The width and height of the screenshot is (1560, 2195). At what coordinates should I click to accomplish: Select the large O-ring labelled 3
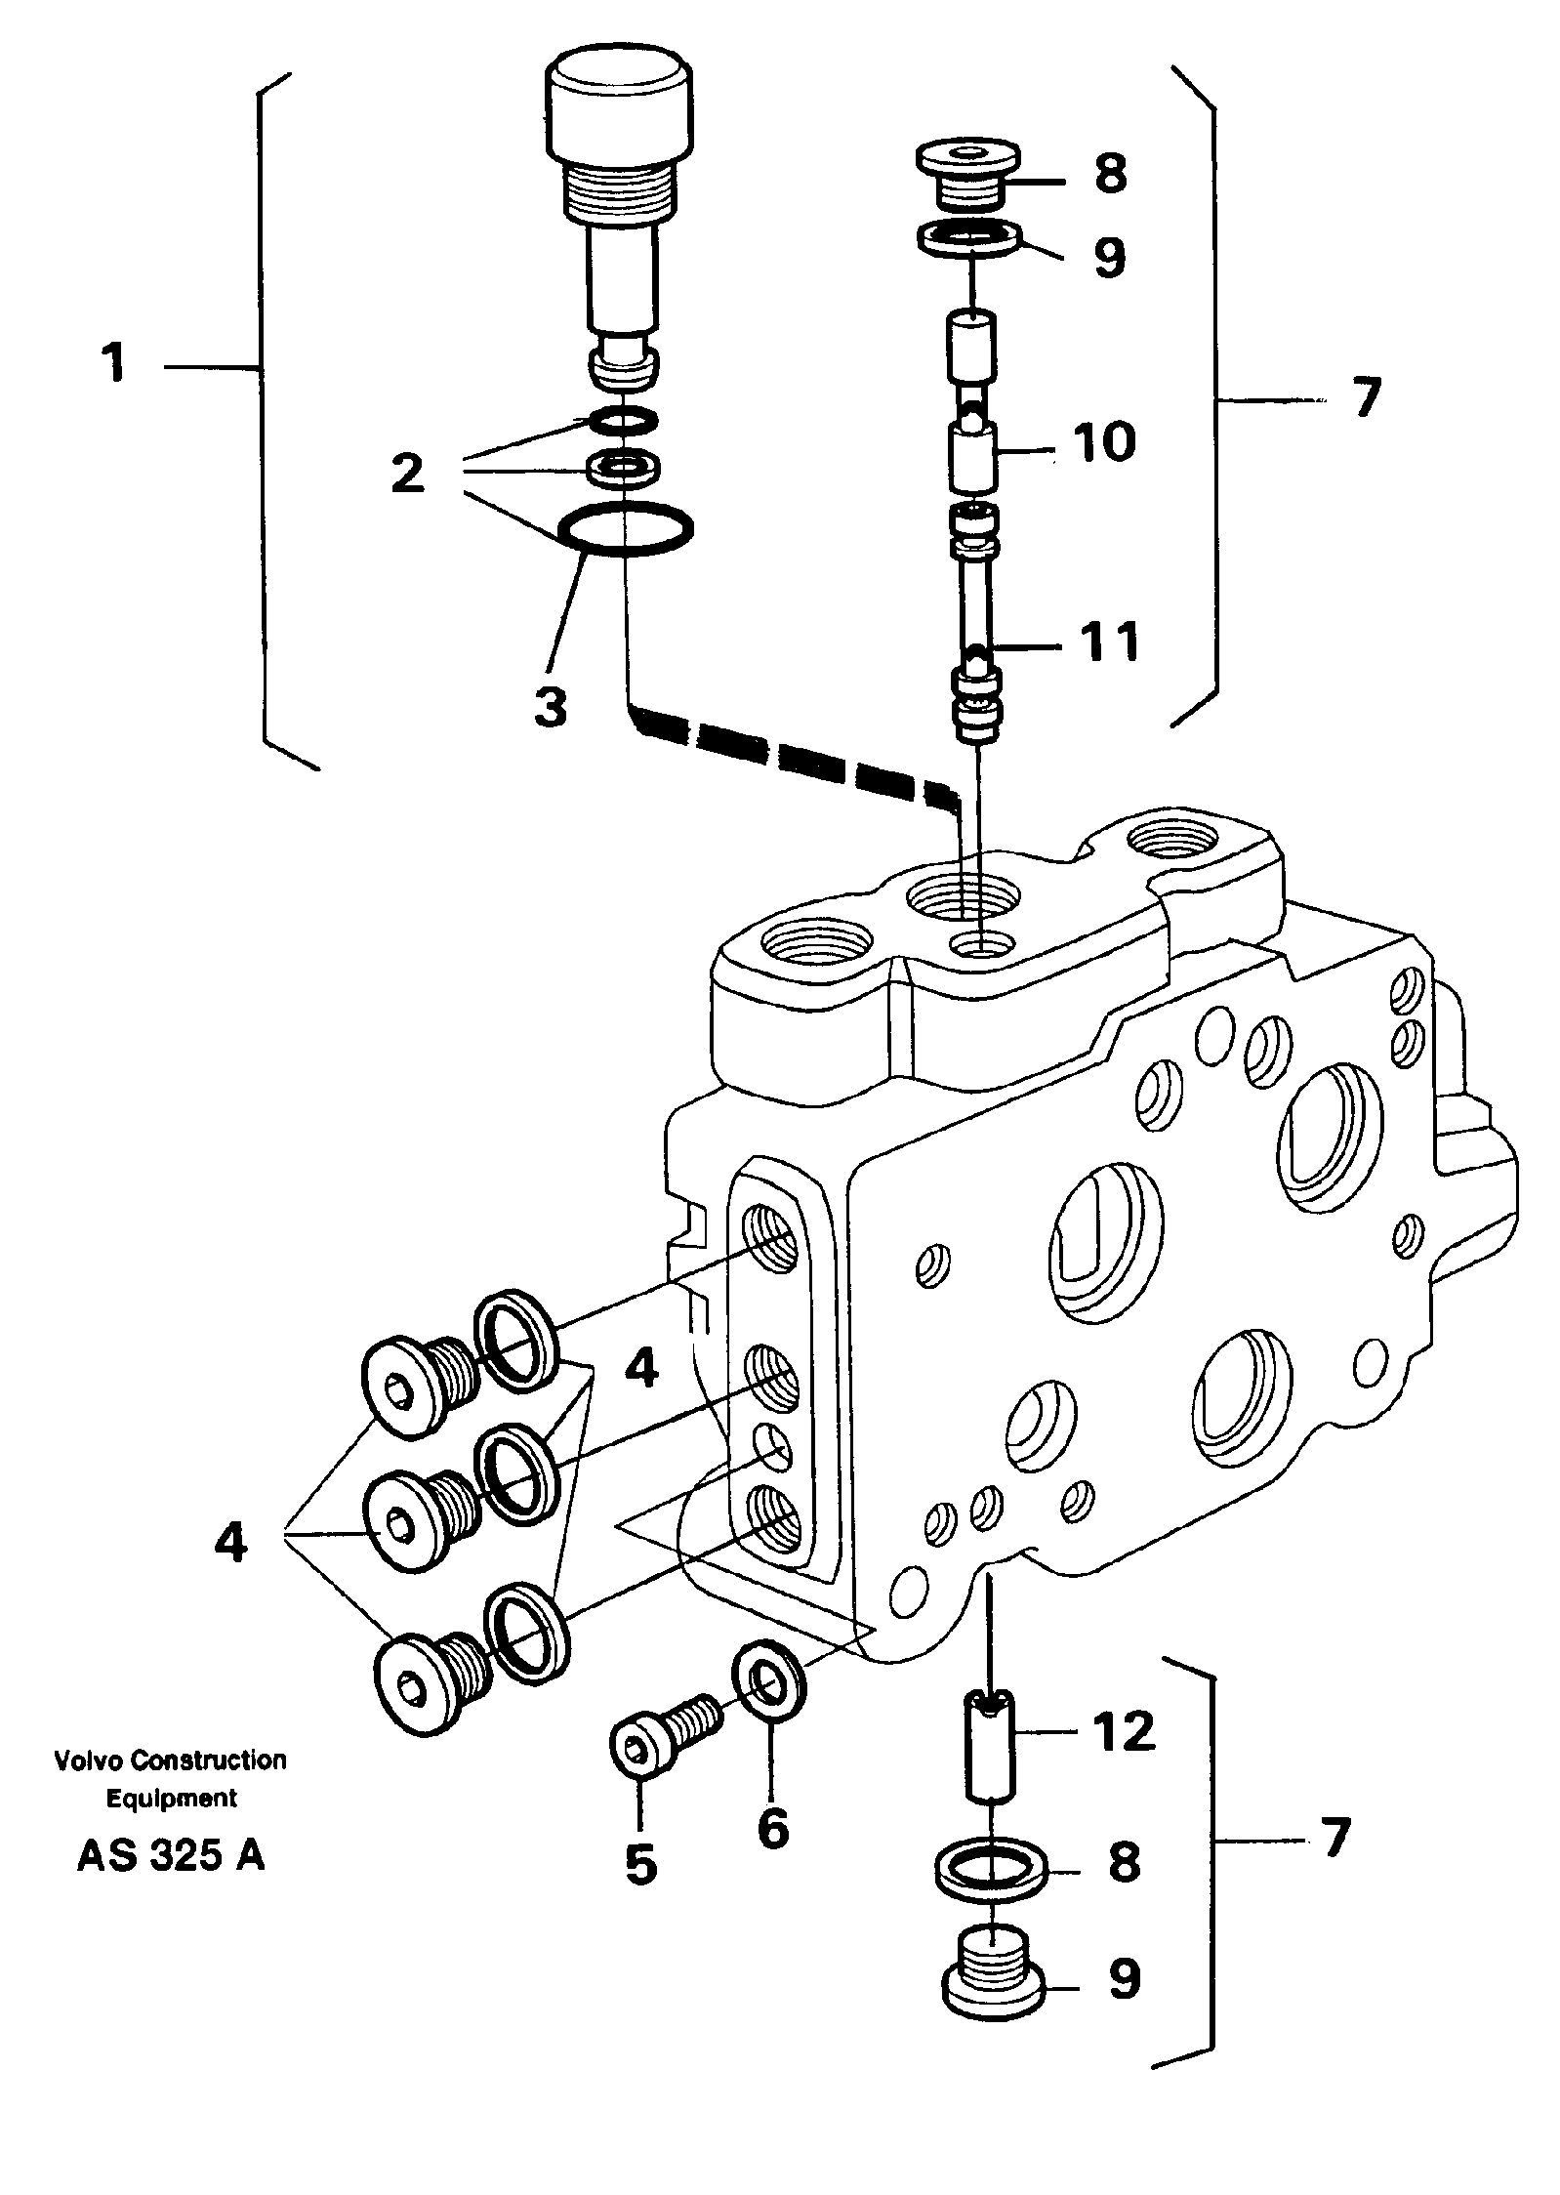tap(625, 530)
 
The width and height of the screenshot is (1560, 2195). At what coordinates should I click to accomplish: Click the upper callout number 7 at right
tap(1367, 397)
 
